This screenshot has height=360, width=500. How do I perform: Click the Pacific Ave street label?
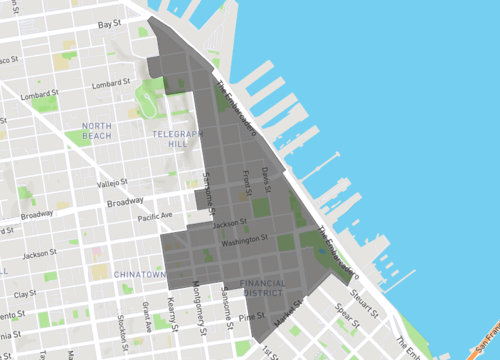point(156,216)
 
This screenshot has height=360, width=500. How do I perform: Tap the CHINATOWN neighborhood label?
point(139,273)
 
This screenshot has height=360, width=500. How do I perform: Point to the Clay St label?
point(25,294)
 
